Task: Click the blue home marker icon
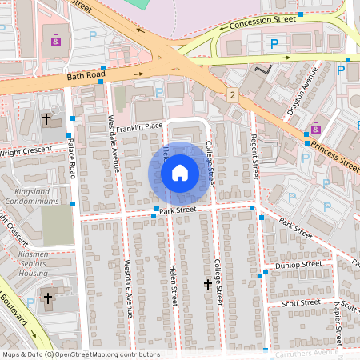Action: [x=180, y=172]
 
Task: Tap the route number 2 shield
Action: [x=232, y=95]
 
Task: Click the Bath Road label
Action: [x=86, y=75]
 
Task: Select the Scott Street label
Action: [x=302, y=302]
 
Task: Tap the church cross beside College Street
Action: [x=208, y=284]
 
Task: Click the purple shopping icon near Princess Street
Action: [x=316, y=128]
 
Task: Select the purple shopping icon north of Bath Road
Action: [x=55, y=41]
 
